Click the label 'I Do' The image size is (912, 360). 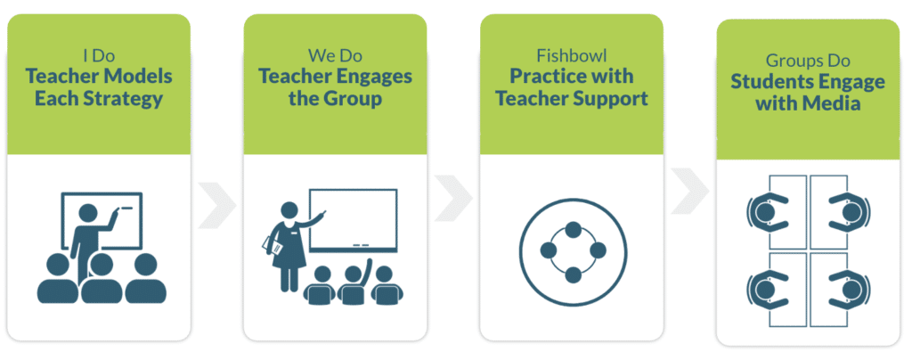point(99,56)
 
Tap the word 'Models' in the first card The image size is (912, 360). point(139,76)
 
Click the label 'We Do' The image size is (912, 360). point(335,56)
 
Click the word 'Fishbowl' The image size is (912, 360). point(572,56)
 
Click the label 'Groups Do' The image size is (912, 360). point(808,61)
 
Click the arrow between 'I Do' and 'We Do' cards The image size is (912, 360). point(217,205)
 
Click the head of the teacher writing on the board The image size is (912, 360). point(88,212)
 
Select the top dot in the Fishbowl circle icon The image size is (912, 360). point(574,229)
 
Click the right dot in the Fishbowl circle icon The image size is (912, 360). point(598,250)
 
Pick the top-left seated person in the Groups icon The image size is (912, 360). point(764,212)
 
